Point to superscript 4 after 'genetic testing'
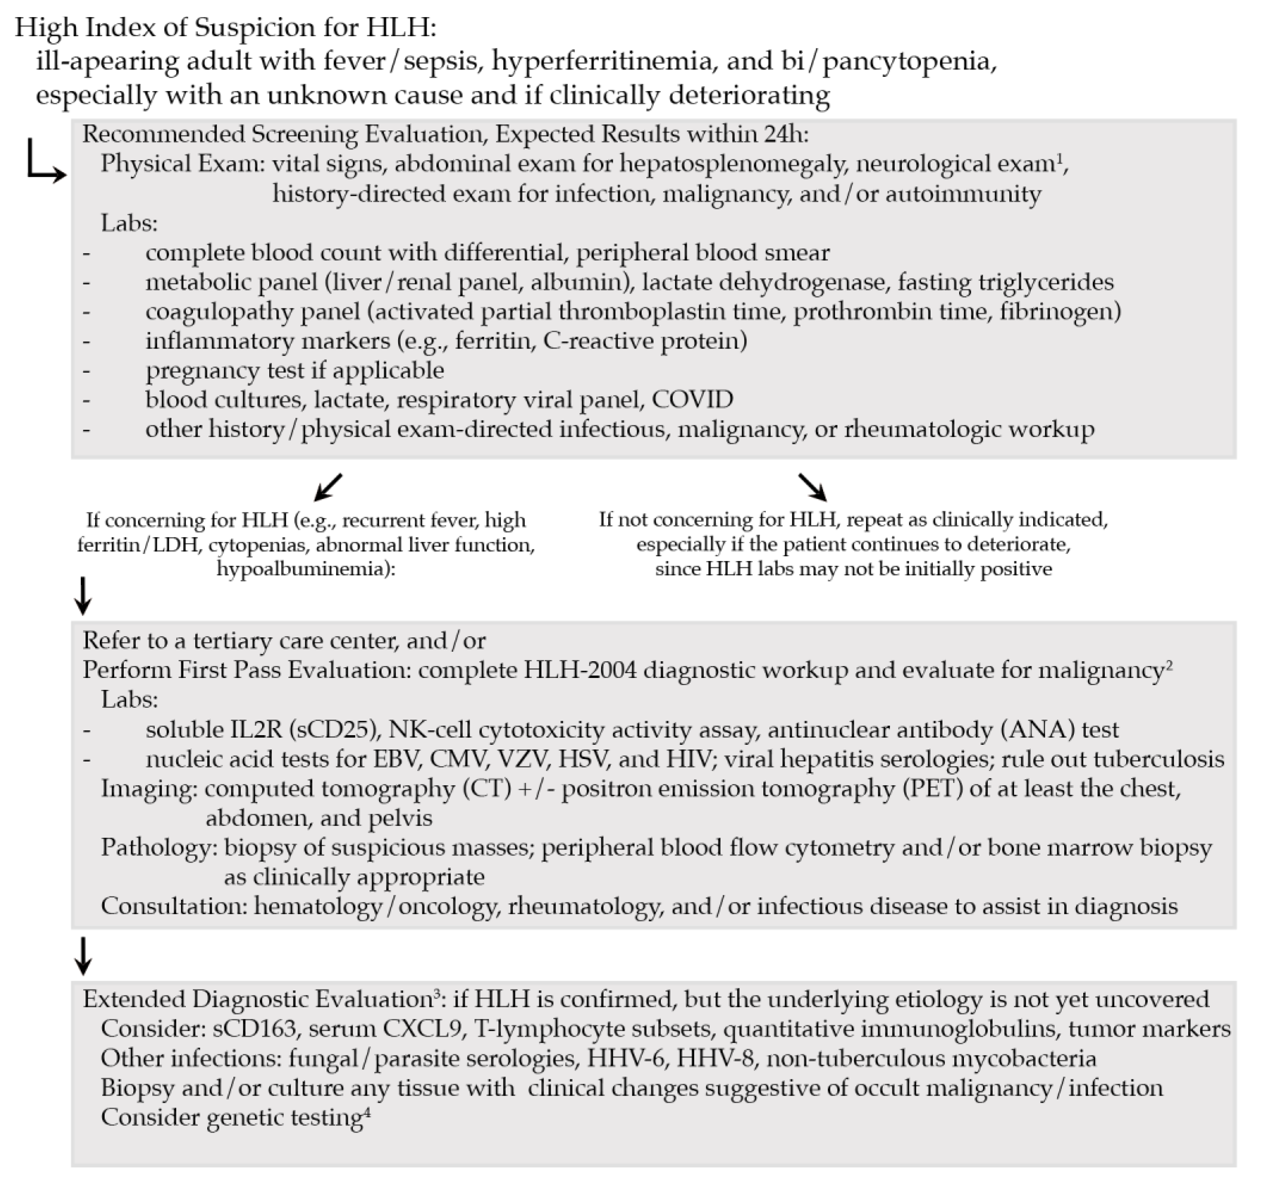367,1111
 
